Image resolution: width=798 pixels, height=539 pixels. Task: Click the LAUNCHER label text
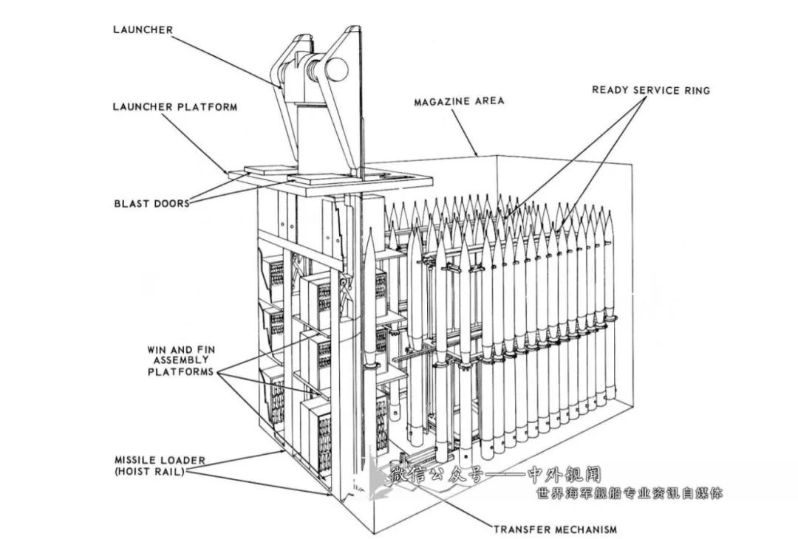pyautogui.click(x=143, y=30)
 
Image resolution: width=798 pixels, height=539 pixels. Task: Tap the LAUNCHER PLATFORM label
pyautogui.click(x=175, y=107)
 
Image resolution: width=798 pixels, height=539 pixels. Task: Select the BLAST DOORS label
pyautogui.click(x=151, y=203)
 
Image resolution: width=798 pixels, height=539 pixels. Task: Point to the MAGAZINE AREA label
pyautogui.click(x=459, y=100)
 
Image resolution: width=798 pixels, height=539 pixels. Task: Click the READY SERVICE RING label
pyautogui.click(x=650, y=90)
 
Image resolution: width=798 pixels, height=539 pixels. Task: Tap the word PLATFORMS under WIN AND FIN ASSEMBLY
pyautogui.click(x=180, y=372)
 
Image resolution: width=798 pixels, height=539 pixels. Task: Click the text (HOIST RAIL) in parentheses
pyautogui.click(x=149, y=471)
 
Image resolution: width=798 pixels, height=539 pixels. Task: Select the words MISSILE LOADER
pyautogui.click(x=159, y=460)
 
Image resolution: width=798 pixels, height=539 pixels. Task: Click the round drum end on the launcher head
pyautogui.click(x=336, y=69)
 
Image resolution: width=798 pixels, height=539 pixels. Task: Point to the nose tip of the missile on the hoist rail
pyautogui.click(x=369, y=231)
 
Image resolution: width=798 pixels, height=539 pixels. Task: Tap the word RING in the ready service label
pyautogui.click(x=696, y=90)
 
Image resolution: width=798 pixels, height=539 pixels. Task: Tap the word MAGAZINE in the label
pyautogui.click(x=443, y=100)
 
